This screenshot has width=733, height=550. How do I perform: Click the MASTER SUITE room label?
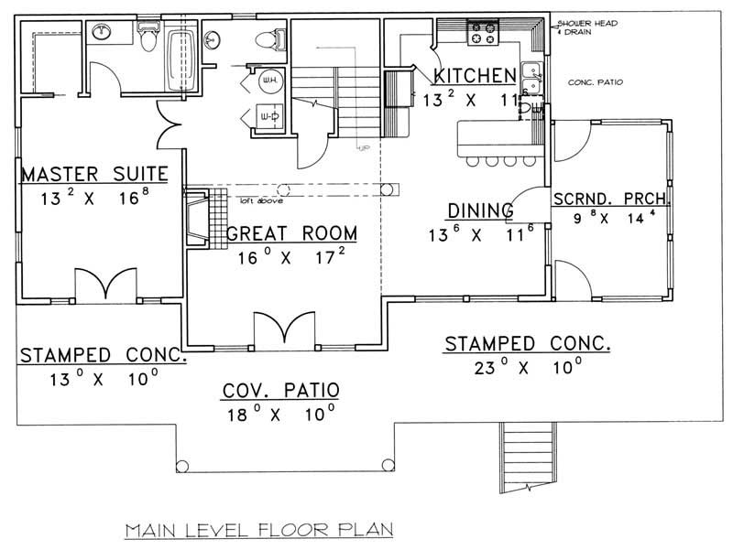93,173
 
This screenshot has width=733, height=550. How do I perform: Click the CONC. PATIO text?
596,82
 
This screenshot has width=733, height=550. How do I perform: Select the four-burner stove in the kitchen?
483,34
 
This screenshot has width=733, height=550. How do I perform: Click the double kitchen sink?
530,71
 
